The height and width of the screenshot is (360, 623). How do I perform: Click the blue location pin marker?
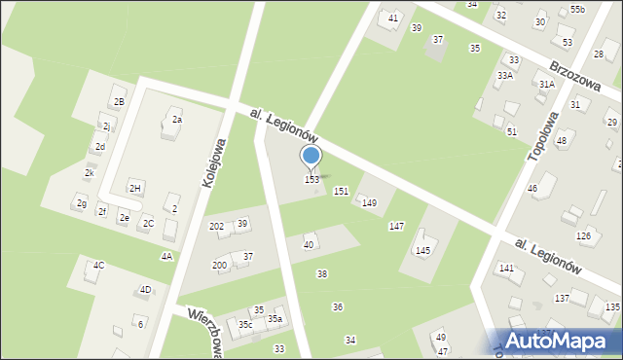pos(311,157)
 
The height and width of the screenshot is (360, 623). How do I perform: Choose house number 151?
pos(341,192)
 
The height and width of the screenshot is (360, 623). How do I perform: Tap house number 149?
pos(369,202)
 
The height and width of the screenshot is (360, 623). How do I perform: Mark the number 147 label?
pos(396,226)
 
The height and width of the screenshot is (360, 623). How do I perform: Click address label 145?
pos(422,250)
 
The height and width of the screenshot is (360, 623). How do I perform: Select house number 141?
pos(506,268)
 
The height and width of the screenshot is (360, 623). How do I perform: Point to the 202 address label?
pos(216,226)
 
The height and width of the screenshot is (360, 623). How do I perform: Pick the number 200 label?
pos(220,265)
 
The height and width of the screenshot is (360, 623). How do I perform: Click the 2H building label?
pos(135,188)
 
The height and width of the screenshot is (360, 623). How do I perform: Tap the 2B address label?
pos(119,101)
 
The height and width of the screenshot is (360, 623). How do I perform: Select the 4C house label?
pos(98,265)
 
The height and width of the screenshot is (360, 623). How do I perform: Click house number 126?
pos(584,235)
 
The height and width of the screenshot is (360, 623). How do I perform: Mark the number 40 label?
pos(309,244)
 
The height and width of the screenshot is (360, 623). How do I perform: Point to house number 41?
pos(393,18)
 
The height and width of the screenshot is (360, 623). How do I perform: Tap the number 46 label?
pos(532,187)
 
